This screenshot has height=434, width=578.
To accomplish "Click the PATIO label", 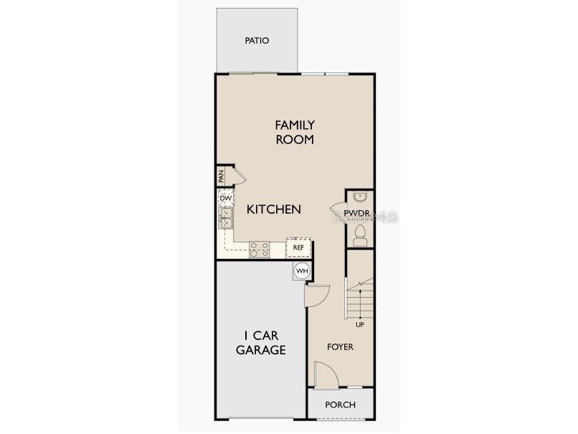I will (256, 41).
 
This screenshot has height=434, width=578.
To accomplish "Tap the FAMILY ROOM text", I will (295, 133).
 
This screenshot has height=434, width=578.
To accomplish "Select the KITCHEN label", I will (273, 209).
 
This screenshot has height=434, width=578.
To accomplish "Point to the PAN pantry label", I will (222, 175).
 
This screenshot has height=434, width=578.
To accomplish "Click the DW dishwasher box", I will (224, 198).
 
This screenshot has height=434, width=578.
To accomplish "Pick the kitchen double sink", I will (225, 218).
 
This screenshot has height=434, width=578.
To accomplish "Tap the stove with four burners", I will (259, 249).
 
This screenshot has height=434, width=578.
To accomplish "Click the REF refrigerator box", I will (298, 247).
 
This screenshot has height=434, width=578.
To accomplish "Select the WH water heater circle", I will (302, 270).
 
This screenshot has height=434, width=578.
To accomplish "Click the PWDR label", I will (356, 214).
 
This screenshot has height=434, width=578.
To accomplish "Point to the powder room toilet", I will (360, 235).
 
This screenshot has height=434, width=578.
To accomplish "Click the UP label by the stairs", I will (360, 324).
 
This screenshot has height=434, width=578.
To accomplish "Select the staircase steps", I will (360, 298).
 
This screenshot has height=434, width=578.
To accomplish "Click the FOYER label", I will (340, 346).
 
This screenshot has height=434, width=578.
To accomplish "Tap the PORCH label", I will (340, 405).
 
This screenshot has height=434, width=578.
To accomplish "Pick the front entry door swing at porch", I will (323, 374).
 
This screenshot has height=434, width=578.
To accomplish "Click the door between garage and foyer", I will (316, 293).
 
